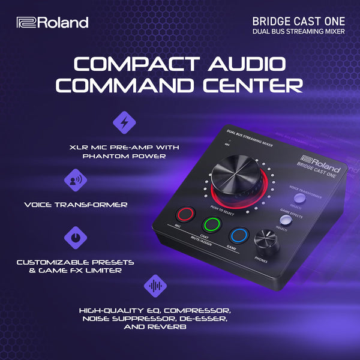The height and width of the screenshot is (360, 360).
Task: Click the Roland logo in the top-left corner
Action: point(53,23)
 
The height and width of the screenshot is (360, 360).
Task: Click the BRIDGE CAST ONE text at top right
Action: point(299,20)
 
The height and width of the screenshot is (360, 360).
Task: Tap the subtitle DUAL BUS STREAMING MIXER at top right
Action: point(299,31)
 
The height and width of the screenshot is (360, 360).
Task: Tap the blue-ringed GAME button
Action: point(239,235)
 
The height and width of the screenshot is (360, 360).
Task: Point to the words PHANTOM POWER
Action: point(124,156)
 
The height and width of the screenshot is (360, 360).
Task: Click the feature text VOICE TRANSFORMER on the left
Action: point(76,205)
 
